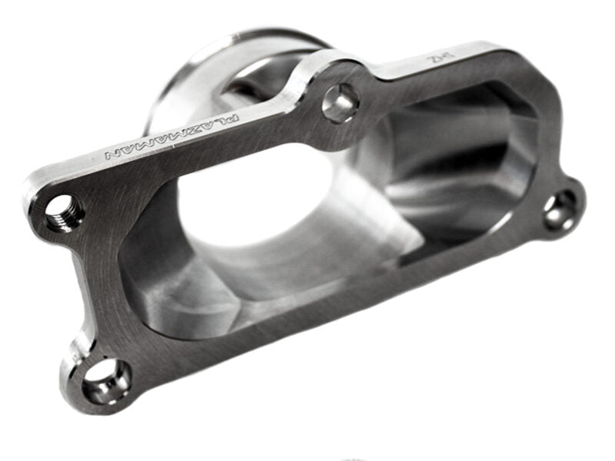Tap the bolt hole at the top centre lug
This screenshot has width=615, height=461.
pos(340,102)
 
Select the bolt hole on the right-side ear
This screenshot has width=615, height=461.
pos(560,211)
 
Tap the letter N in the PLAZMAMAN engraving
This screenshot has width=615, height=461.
pos(111,156)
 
